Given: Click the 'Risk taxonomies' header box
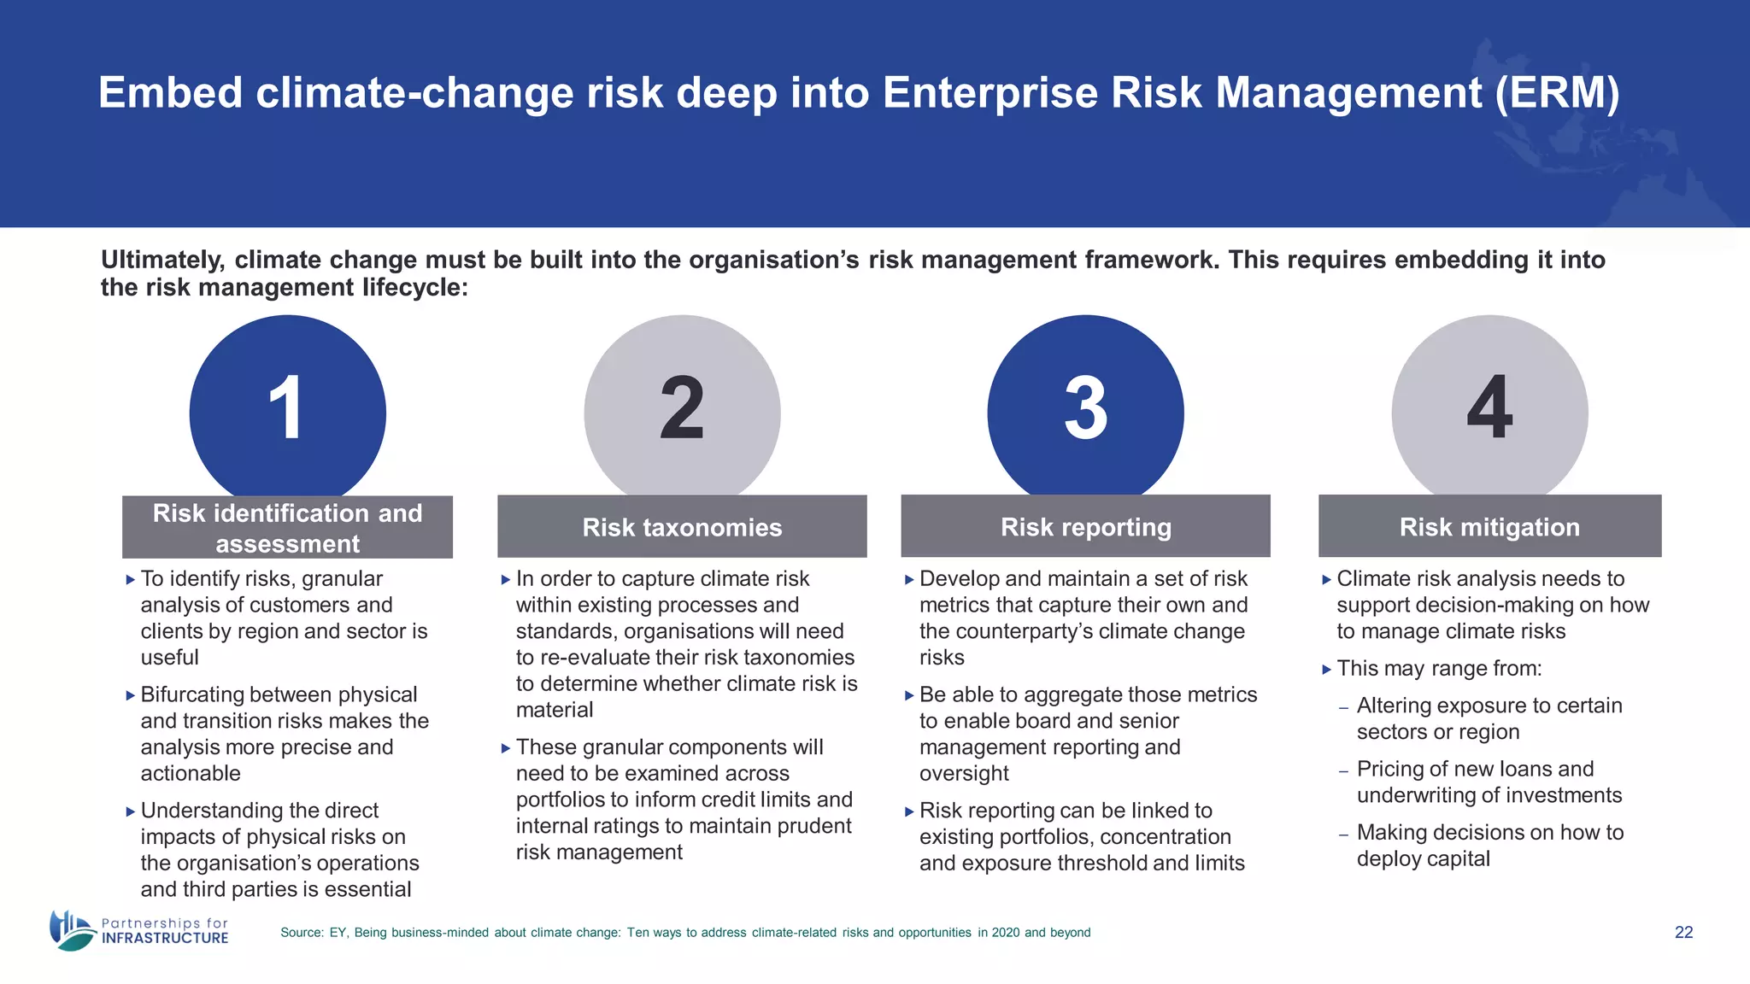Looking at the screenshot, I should pos(682,527).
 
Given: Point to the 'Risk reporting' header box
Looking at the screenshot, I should pos(1085,527).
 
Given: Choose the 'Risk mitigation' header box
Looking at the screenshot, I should pos(1489,527).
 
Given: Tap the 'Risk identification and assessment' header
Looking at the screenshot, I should pos(287,528).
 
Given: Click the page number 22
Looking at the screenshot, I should pos(1683,932).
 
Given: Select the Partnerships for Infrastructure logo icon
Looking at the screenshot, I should pos(72,930).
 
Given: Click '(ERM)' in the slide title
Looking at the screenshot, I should pos(1557,93).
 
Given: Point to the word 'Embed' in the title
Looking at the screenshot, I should pos(171,93).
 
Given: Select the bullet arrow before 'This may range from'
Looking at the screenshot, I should pos(1326,670).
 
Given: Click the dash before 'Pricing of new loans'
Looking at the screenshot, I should pos(1343,771).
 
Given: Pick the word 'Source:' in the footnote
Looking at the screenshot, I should pos(302,933).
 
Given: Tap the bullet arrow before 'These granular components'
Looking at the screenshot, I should pos(505,748).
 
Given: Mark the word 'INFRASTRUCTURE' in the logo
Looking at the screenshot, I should pos(165,938).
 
